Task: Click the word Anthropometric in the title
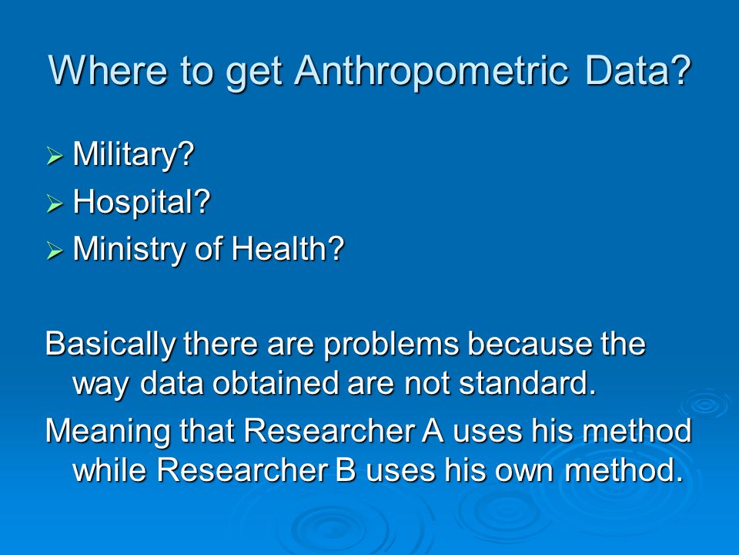[431, 71]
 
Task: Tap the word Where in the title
[108, 70]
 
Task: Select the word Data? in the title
[638, 70]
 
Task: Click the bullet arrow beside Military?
[55, 156]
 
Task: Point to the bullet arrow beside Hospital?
[55, 203]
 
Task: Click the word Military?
[134, 155]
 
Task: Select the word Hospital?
[142, 203]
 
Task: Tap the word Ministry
[129, 249]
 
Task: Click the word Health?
[288, 249]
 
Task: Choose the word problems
[391, 345]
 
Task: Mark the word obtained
[276, 383]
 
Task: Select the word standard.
[527, 383]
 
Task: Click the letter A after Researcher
[433, 430]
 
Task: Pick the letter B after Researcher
[346, 470]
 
